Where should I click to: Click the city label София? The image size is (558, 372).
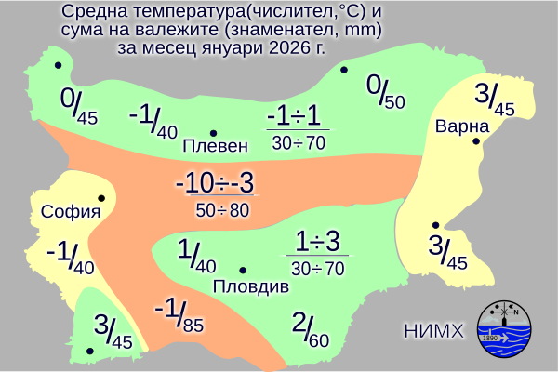70,211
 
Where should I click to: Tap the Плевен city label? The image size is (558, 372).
216,146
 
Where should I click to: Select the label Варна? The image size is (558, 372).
462,126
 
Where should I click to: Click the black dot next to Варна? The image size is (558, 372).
476,141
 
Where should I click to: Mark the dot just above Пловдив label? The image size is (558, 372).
243,270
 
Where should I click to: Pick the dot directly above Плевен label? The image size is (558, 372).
213,132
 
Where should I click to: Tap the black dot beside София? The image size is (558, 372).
100,198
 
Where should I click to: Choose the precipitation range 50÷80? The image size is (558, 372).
222,210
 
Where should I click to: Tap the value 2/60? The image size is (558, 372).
311,327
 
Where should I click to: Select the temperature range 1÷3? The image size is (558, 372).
318,241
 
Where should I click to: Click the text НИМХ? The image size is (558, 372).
434,330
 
